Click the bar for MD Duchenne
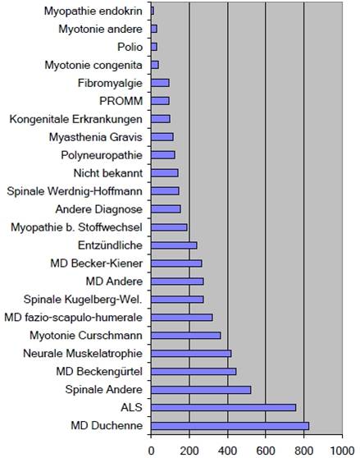pos(230,426)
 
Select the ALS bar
pos(224,407)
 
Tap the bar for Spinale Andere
pos(201,390)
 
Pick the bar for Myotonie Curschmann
pos(186,336)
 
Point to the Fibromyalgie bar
pos(160,83)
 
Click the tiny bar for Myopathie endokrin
pos(153,11)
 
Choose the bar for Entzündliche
pos(174,245)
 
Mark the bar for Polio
pos(154,47)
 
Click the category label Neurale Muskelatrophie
pos(83,354)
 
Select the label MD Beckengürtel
pos(99,372)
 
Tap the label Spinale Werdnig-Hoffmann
pos(75,191)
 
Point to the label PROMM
pos(121,101)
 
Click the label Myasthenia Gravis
pos(96,137)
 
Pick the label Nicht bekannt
pos(108,173)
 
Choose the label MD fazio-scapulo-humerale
pos(74,318)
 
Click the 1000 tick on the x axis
pos(342,451)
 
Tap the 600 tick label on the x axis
pos(266,451)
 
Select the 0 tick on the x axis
pos(151,451)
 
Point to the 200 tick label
pos(189,451)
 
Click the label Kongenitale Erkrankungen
pos(76,119)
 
